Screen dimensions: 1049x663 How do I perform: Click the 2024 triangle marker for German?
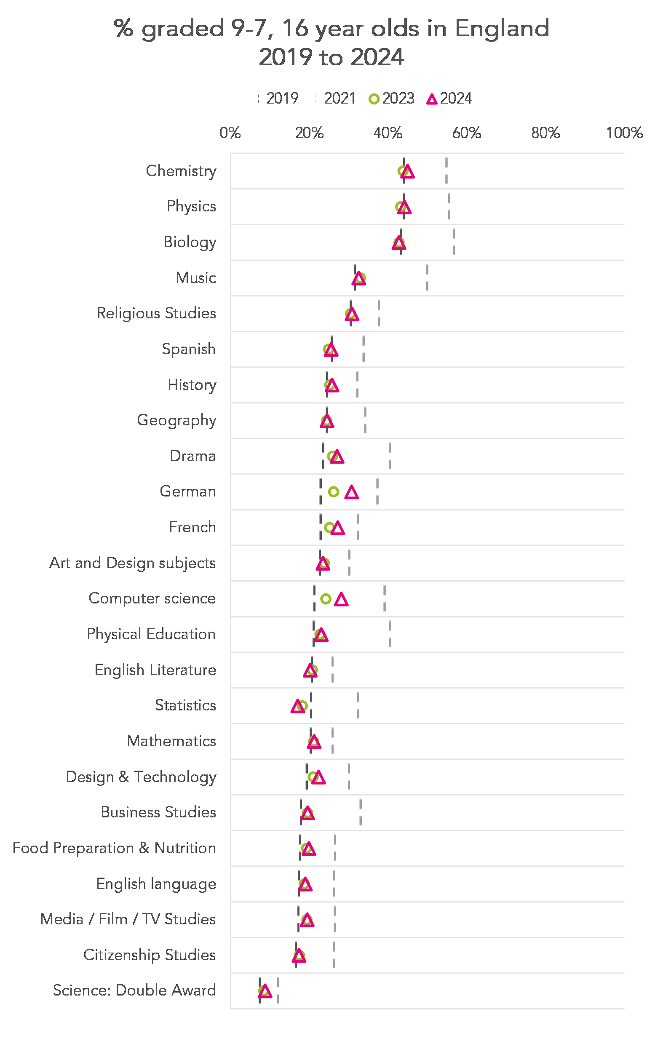[351, 493]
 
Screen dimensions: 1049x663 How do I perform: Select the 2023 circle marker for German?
[333, 491]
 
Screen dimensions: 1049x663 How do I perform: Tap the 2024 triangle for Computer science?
[341, 600]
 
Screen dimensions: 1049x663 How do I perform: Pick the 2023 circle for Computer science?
[326, 598]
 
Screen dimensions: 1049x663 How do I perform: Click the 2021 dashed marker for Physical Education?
[390, 634]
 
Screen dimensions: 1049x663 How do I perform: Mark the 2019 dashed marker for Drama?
[323, 456]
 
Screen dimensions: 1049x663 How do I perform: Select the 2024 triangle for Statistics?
[297, 707]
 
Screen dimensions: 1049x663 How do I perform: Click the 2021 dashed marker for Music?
[427, 278]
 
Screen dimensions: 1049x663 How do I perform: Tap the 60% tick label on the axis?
[466, 133]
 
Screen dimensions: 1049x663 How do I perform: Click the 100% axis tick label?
[624, 133]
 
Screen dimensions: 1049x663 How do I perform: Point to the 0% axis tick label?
[230, 133]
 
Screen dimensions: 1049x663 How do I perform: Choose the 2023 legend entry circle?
[373, 99]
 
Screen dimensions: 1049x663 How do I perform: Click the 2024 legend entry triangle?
[431, 99]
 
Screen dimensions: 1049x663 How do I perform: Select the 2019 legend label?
[282, 99]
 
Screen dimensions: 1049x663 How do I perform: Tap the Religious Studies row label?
[156, 314]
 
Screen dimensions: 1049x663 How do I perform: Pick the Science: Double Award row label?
[134, 990]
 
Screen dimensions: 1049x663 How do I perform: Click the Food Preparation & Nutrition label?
[114, 848]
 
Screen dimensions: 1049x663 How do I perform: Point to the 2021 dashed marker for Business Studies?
[360, 812]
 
